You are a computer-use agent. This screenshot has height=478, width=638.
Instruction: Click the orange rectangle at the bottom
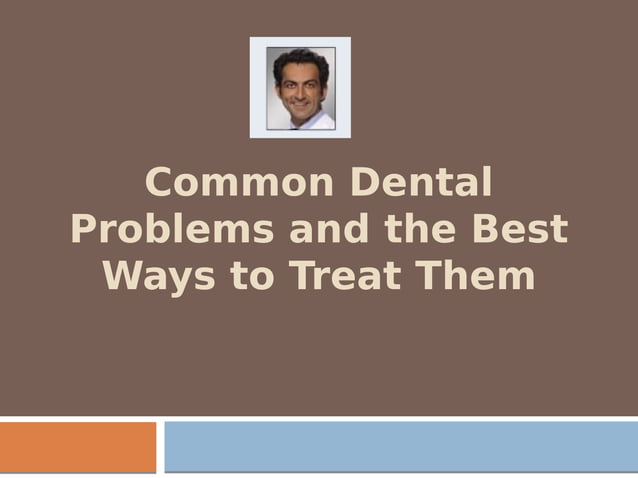[78, 446]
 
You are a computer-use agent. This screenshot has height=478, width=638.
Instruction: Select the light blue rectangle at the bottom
[400, 446]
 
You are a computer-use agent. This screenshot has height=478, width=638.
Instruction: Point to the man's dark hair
[300, 58]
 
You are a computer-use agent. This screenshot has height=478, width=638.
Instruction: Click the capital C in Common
[160, 184]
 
